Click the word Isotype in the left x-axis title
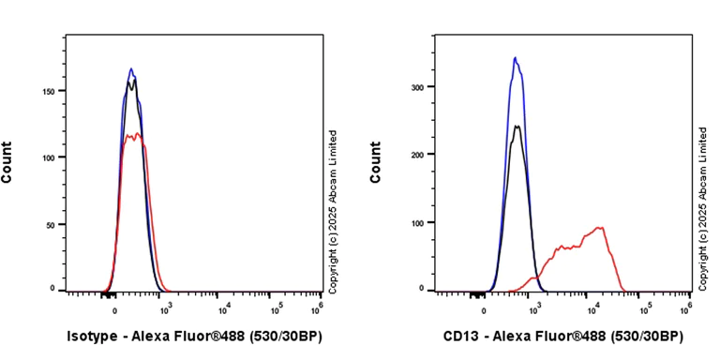click(95, 336)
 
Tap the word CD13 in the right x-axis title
click(463, 336)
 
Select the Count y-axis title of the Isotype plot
click(7, 161)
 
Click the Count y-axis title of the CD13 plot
click(376, 161)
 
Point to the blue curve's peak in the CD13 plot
click(515, 58)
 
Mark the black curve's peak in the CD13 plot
click(517, 126)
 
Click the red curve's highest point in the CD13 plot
click(598, 227)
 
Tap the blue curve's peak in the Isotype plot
click(131, 68)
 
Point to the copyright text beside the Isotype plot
click(333, 209)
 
